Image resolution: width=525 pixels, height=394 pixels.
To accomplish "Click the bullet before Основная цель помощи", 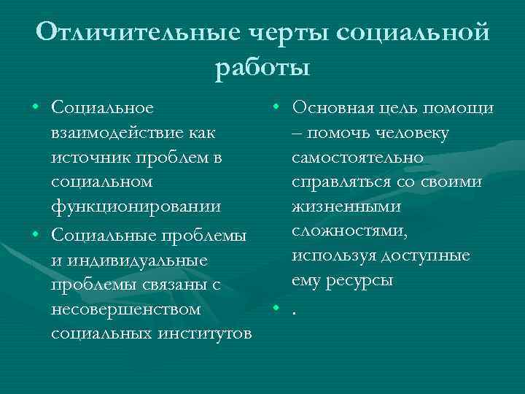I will point(277,107).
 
